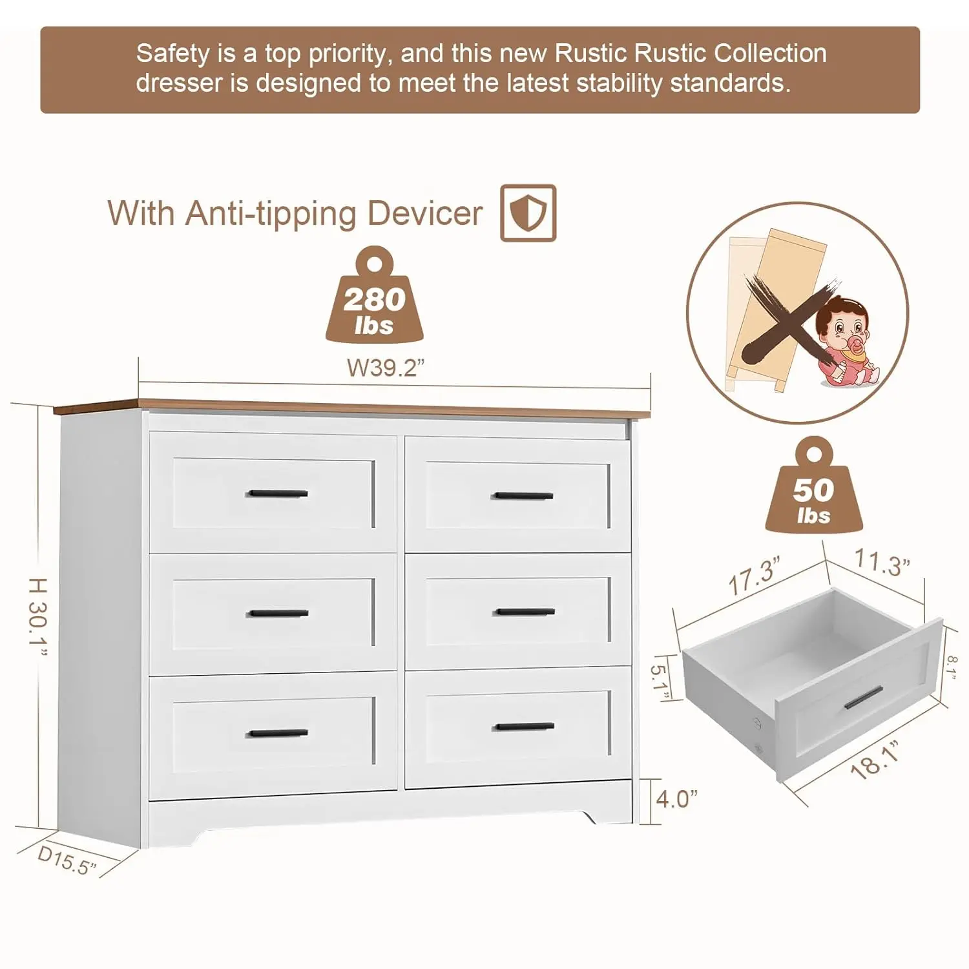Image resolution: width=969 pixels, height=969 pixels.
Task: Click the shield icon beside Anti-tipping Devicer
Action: click(x=528, y=213)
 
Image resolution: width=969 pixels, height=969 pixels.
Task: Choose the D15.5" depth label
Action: click(x=67, y=860)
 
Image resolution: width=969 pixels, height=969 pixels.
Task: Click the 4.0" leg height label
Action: click(x=676, y=799)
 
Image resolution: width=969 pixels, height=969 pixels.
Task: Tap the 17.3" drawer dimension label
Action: click(x=754, y=576)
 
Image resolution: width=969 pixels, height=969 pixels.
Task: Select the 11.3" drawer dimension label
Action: click(x=882, y=561)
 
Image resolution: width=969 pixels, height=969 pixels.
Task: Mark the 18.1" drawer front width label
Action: click(x=875, y=760)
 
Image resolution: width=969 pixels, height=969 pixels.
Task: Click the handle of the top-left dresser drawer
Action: click(x=278, y=494)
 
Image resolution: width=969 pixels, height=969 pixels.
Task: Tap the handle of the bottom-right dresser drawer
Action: click(x=524, y=727)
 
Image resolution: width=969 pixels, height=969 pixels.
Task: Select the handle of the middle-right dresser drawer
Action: click(x=524, y=611)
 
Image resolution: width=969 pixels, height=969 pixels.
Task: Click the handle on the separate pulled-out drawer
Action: click(x=864, y=697)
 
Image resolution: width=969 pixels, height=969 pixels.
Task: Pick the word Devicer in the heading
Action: click(x=425, y=213)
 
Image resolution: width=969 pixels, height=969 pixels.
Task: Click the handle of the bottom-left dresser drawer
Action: click(x=278, y=733)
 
